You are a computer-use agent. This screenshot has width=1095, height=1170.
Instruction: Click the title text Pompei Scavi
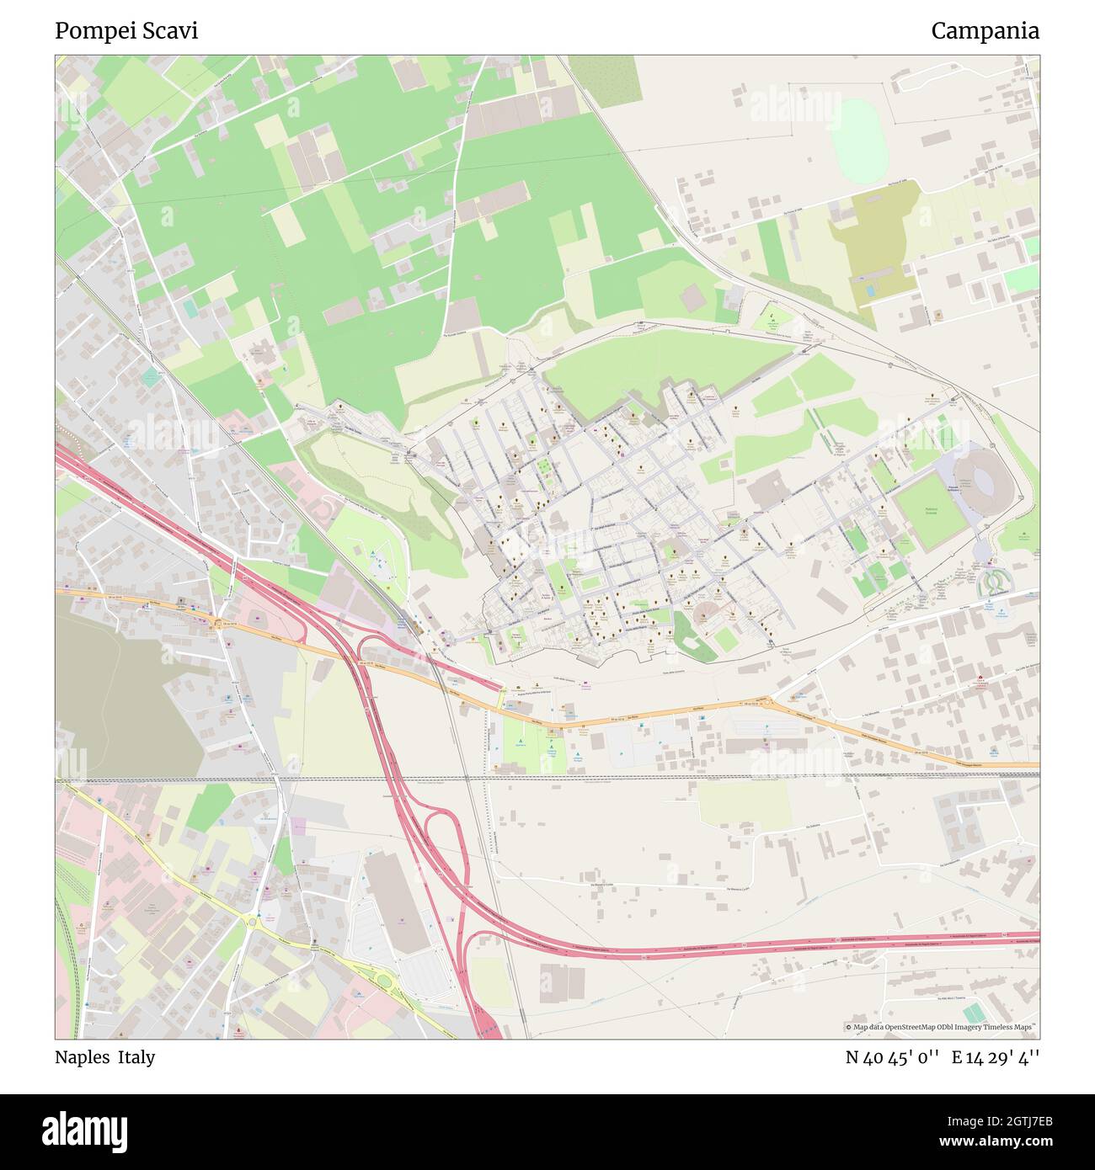click(126, 31)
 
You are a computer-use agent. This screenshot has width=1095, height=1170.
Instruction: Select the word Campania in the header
click(985, 31)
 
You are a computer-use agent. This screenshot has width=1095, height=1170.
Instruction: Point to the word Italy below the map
click(136, 1057)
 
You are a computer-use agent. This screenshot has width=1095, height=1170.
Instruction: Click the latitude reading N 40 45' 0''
click(892, 1057)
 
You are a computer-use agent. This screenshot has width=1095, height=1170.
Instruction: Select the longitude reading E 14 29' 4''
click(996, 1057)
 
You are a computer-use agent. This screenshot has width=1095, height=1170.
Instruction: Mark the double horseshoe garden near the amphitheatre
click(995, 578)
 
